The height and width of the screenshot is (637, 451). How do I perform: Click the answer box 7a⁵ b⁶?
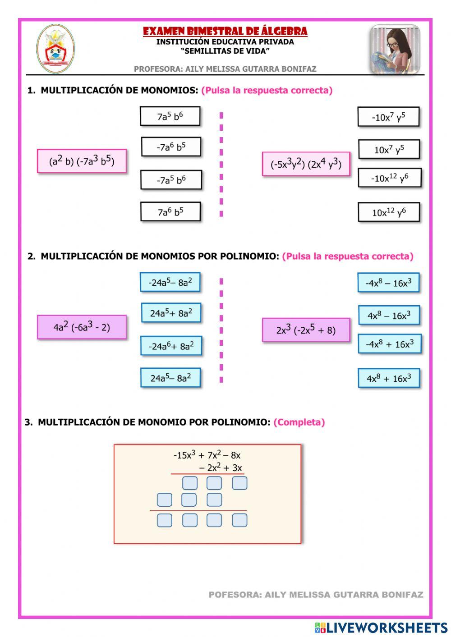point(170,116)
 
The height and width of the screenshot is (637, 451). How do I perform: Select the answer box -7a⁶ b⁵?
point(171,147)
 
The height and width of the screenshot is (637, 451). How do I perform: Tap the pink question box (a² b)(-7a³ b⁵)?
point(82,161)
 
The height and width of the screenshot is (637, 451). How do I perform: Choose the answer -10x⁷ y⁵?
point(388,117)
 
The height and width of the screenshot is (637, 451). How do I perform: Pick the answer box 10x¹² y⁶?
point(389,212)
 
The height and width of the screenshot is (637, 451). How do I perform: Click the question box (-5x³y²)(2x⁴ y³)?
point(306,164)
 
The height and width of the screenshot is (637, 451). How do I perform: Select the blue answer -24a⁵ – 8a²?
point(170,282)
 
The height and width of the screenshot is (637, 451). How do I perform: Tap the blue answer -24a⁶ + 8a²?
point(171,346)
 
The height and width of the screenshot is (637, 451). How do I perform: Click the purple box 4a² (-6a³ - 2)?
point(82,327)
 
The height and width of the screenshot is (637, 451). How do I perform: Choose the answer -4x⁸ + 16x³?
point(389,344)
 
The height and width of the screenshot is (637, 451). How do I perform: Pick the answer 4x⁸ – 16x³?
point(389,315)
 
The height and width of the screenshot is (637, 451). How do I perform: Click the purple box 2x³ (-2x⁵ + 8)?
point(306,330)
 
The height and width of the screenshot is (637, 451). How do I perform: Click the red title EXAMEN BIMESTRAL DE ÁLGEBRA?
point(225,31)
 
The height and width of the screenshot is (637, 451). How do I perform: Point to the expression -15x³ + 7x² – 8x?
point(207,455)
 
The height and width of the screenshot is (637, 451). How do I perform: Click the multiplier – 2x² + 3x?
point(221,467)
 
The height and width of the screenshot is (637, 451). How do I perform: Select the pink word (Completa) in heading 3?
point(299,422)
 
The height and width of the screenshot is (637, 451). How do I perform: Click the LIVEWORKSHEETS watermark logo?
point(381,628)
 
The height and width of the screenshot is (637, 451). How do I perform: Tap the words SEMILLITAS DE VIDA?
point(225,51)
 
